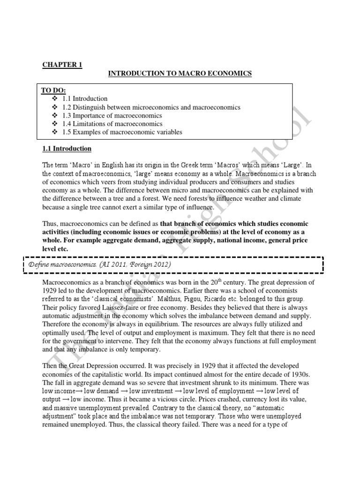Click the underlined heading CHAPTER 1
pos(62,65)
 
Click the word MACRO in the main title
pos(187,74)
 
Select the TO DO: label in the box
pos(53,90)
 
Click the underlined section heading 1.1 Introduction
pos(66,149)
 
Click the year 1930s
pos(301,374)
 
